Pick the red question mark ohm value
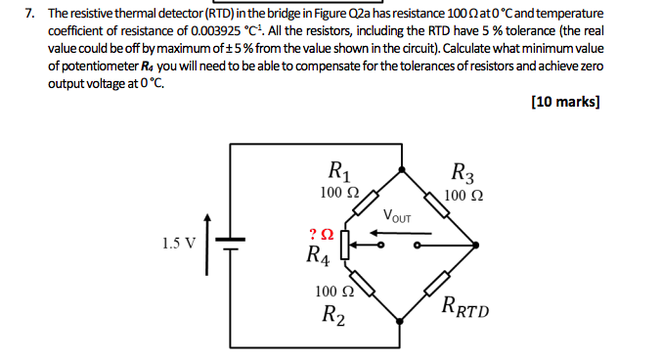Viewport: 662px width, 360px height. pyautogui.click(x=321, y=235)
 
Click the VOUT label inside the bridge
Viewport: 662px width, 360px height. pyautogui.click(x=397, y=215)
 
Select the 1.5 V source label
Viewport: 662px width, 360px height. pyautogui.click(x=179, y=242)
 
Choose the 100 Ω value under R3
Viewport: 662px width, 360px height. pyautogui.click(x=463, y=195)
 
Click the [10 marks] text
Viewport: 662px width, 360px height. pyautogui.click(x=564, y=101)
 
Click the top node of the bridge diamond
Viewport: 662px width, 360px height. pyautogui.click(x=399, y=168)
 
